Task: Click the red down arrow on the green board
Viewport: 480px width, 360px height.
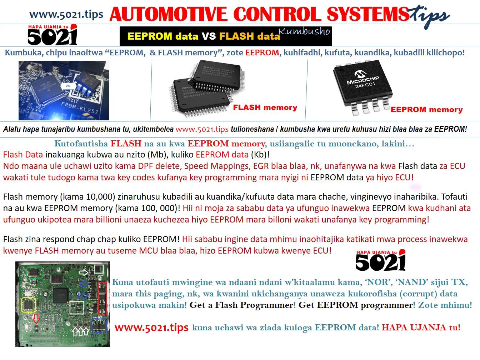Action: click(x=36, y=318)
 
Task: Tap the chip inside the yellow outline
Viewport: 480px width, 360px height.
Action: click(x=29, y=305)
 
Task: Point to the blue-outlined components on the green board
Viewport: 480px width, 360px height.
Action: click(x=99, y=325)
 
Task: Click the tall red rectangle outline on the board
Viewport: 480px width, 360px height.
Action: click(x=102, y=299)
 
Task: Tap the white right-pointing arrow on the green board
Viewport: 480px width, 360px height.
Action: click(x=84, y=272)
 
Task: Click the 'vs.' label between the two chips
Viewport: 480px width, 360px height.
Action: click(x=68, y=86)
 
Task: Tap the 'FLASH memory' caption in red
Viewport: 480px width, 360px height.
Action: click(x=265, y=107)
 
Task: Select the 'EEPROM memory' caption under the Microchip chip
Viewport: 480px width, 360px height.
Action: click(x=426, y=110)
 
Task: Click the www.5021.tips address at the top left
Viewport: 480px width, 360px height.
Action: click(x=66, y=15)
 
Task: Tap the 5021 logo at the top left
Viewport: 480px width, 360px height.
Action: click(x=52, y=35)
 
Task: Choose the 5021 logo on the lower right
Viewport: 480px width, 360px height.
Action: click(x=381, y=261)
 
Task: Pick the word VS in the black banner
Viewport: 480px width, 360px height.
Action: click(x=209, y=36)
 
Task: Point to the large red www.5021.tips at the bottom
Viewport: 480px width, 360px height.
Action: click(x=151, y=327)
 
